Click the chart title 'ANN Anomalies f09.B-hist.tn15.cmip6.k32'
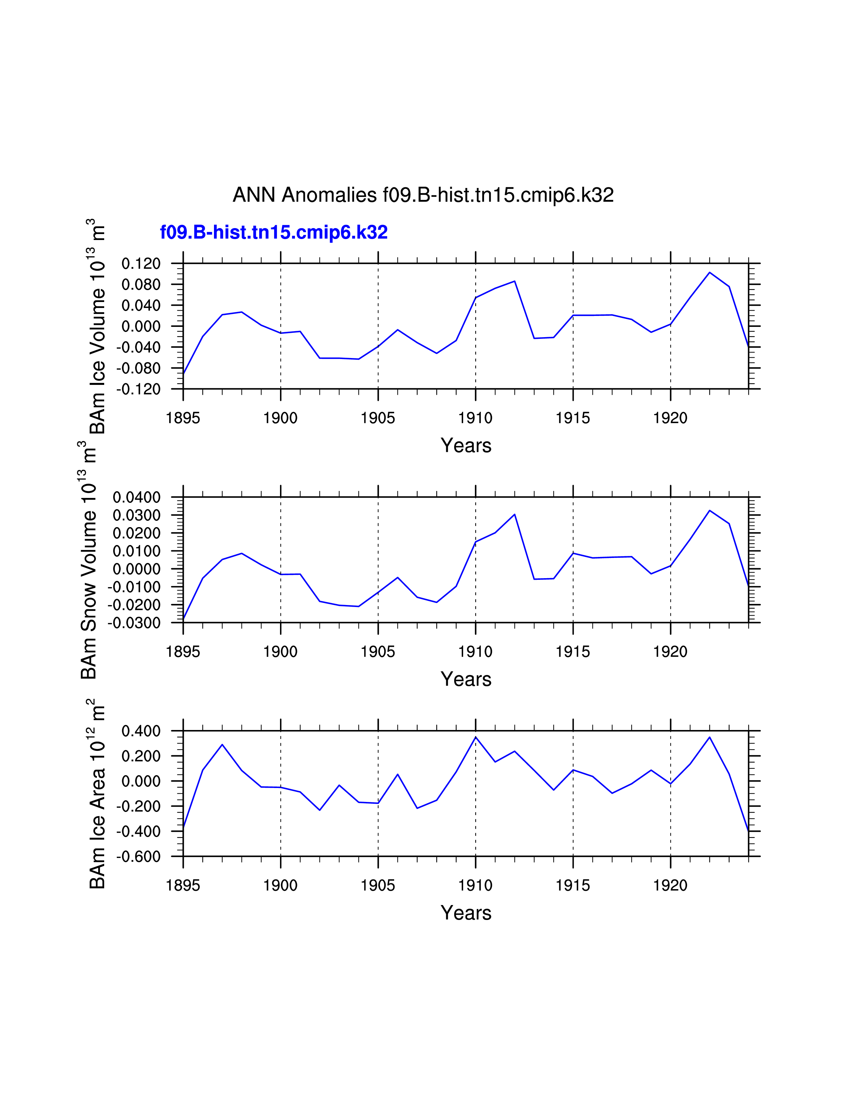coord(423,195)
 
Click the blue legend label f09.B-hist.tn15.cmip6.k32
coord(274,232)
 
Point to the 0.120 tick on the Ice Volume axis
coord(141,264)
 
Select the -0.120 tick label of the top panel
coord(138,389)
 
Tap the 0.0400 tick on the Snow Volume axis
coord(136,497)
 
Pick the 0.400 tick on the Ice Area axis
coord(141,731)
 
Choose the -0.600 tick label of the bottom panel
coord(138,857)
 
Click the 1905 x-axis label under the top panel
coord(378,418)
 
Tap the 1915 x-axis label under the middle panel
coord(573,652)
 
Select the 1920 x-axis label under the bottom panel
coord(670,885)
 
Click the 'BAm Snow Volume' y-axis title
coord(88,561)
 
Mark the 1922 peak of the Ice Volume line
coord(709,273)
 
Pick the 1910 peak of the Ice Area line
coord(476,737)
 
